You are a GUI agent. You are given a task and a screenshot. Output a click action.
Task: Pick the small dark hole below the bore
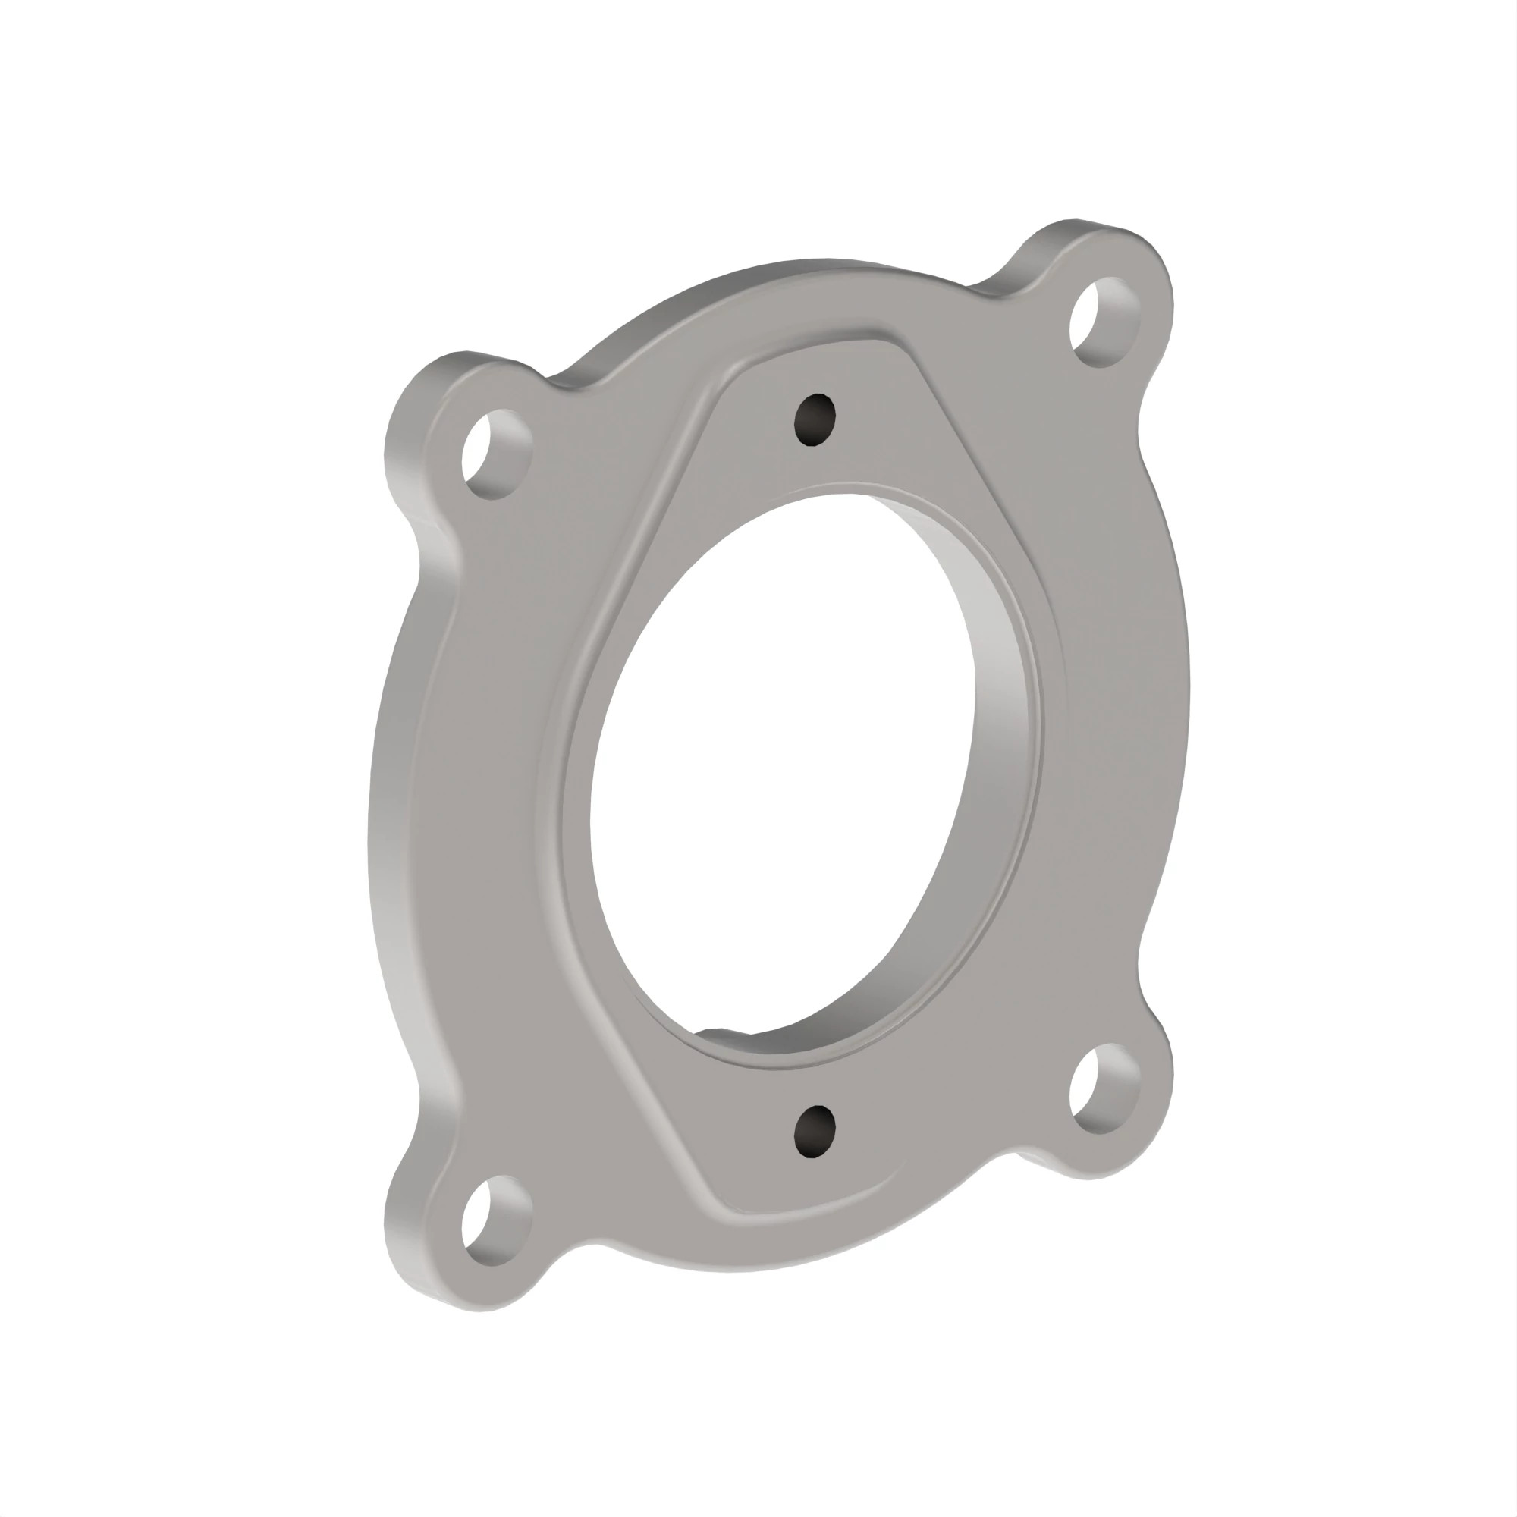[x=814, y=1132]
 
